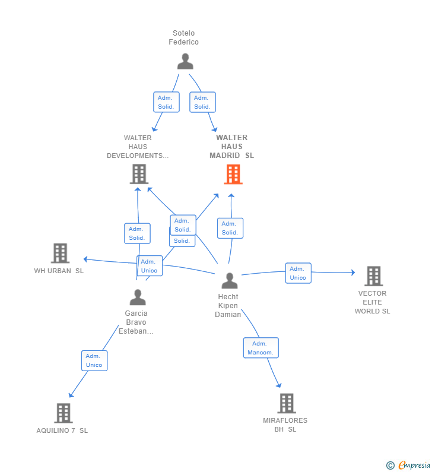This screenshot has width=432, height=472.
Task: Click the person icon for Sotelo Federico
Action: (185, 62)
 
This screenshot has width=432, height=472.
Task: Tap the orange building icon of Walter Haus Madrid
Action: (233, 175)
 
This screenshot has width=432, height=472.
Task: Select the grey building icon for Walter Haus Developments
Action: (139, 174)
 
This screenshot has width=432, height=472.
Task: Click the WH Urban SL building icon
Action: (60, 254)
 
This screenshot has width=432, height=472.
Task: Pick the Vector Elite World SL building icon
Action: (373, 276)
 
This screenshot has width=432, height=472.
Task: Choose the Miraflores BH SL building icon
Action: (286, 404)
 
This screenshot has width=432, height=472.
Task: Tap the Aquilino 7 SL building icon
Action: (63, 413)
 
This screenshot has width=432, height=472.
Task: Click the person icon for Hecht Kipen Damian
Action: (229, 281)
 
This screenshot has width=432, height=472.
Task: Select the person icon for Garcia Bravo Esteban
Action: (138, 297)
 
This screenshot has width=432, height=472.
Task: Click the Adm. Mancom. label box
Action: (261, 348)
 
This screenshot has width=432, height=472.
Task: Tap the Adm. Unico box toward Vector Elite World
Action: (298, 273)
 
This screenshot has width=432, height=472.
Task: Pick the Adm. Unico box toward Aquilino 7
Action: (94, 360)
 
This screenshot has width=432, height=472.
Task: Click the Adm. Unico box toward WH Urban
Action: (149, 265)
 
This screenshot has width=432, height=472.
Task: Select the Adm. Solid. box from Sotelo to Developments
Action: (166, 102)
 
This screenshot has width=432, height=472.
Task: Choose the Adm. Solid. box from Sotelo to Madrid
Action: (202, 102)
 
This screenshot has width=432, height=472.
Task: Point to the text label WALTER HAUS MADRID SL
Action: (231, 147)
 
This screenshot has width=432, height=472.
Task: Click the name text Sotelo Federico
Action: (183, 37)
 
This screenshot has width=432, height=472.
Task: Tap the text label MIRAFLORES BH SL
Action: (285, 425)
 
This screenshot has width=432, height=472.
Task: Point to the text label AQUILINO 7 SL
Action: (62, 430)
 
